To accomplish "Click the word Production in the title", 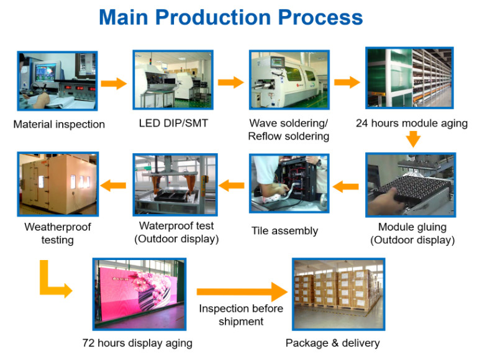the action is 213,17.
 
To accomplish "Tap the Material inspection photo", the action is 57,81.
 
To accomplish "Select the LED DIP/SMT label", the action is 173,123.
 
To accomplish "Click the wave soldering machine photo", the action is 289,79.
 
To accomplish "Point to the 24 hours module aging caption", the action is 412,124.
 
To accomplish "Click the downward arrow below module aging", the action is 413,139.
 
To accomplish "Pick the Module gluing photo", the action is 411,185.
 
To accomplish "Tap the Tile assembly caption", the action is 284,231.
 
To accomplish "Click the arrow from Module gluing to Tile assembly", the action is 345,186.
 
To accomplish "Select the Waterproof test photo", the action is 175,184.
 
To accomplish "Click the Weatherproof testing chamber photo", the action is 58,184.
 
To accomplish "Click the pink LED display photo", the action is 139,294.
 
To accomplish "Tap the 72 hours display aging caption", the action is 137,343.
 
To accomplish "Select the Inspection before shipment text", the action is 241,315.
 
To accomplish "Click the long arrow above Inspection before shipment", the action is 242,292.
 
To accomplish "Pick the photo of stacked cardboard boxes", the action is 338,294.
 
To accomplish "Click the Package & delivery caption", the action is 332,343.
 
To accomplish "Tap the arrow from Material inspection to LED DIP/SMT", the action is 114,83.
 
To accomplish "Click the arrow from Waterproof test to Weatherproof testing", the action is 113,185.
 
